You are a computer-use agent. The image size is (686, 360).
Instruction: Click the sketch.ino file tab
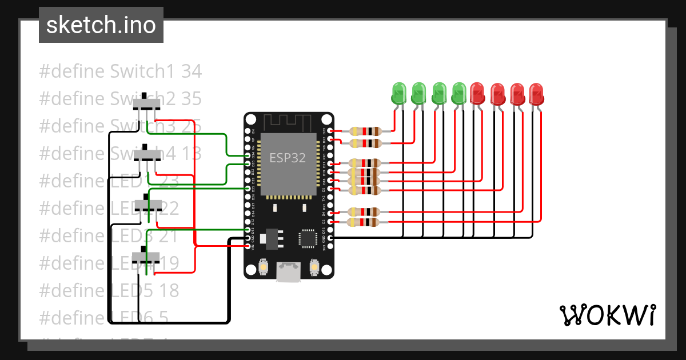[101, 25]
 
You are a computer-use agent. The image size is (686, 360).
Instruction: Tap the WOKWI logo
[607, 315]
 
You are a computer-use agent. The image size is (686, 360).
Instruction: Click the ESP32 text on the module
[288, 158]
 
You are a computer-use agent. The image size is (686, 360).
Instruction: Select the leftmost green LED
[398, 94]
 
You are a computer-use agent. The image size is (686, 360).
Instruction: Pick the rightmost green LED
[459, 94]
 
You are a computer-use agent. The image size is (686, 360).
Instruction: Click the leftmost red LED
[478, 94]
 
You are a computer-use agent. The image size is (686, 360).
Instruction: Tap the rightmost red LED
[536, 94]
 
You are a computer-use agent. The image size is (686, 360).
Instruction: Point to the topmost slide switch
[147, 103]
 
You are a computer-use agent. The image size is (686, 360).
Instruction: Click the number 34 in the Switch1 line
[191, 71]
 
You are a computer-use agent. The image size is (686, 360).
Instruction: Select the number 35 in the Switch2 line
[191, 99]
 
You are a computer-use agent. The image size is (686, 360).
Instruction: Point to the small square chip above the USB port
[308, 238]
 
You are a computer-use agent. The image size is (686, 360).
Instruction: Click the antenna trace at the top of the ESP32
[288, 122]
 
